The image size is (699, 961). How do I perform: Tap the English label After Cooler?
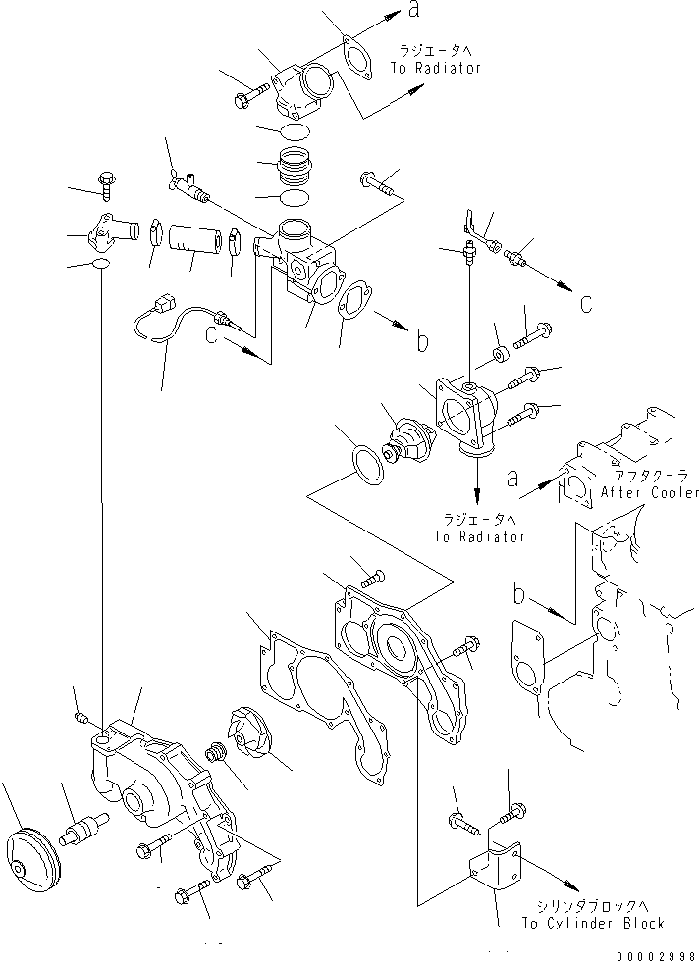click(x=650, y=492)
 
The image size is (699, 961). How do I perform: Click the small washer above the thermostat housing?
click(x=497, y=352)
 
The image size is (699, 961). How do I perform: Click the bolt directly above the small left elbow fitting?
click(x=106, y=180)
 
